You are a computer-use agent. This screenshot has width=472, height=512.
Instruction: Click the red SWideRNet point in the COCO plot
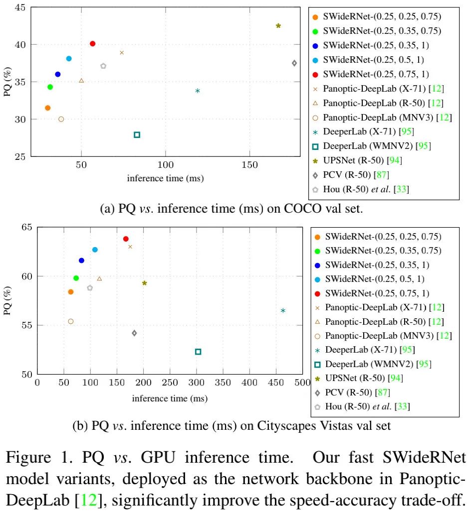(x=92, y=44)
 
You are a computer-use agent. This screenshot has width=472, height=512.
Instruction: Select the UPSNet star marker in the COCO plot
(x=278, y=25)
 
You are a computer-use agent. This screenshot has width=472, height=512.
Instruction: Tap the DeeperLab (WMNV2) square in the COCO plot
(x=137, y=134)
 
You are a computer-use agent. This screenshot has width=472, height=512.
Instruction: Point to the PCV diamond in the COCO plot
(x=294, y=63)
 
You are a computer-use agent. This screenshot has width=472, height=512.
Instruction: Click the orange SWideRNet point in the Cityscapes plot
(x=71, y=292)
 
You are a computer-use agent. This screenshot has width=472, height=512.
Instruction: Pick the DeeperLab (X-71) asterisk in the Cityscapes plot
(x=283, y=311)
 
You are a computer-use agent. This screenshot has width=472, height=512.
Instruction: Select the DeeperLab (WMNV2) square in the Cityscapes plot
(x=198, y=352)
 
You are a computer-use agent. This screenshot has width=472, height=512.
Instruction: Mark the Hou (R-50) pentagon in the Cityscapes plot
(x=90, y=288)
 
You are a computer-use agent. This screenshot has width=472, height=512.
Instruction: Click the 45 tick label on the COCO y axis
(x=21, y=7)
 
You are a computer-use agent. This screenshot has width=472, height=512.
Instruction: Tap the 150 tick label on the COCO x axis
(x=249, y=165)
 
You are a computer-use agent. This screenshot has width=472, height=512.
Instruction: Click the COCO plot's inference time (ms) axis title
(x=165, y=178)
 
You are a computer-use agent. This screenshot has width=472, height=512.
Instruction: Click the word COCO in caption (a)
(x=298, y=209)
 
